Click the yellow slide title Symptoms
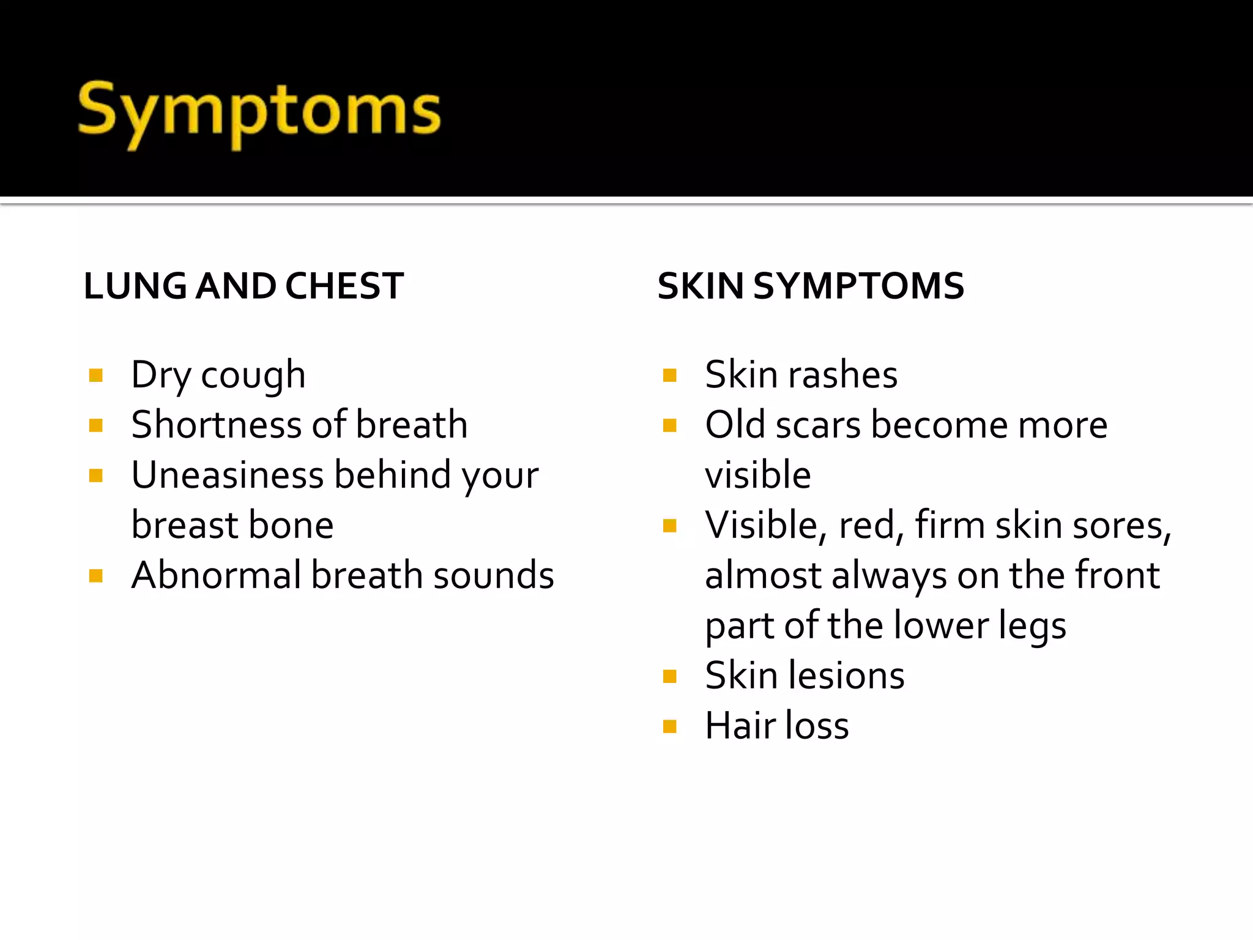coord(259,113)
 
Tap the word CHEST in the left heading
coord(344,286)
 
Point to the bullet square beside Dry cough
coord(95,375)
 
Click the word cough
coord(253,376)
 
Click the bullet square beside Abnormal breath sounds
coord(95,576)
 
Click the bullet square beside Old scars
coord(670,425)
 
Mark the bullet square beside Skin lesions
coord(670,676)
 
